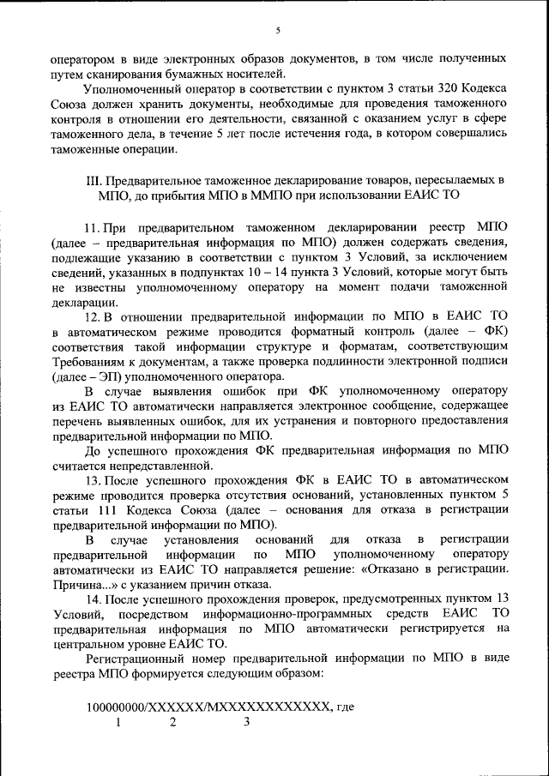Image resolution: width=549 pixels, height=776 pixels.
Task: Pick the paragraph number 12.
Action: [x=93, y=316]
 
